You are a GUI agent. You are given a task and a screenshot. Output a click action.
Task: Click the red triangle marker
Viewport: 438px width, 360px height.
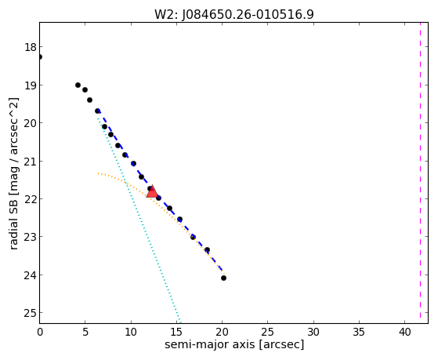point(152,192)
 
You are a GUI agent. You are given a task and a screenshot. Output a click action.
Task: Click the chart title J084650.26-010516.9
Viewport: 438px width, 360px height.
point(248,15)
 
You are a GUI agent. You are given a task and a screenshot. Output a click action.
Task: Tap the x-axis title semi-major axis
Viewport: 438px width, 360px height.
point(210,344)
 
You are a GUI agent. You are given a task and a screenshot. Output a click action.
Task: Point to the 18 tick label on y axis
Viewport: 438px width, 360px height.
point(31,47)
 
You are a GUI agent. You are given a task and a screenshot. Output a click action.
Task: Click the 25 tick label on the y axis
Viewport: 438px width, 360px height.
point(31,313)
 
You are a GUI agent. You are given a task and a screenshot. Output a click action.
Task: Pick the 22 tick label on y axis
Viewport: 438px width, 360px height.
point(31,199)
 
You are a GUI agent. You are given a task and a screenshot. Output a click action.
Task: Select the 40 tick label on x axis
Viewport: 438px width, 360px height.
point(405,332)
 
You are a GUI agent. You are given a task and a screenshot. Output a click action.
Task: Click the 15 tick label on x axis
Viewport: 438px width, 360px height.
point(176,332)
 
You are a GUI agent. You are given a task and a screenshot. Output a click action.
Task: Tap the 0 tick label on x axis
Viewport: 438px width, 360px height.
point(40,332)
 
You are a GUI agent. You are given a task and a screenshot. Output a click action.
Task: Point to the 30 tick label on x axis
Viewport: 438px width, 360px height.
point(313,332)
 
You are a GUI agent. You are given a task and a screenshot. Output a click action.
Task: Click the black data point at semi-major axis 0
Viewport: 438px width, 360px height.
point(40,56)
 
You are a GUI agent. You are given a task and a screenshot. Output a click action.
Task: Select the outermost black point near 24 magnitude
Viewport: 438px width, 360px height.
point(223,278)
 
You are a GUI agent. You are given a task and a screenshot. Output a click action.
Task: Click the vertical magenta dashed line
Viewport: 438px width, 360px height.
point(420,173)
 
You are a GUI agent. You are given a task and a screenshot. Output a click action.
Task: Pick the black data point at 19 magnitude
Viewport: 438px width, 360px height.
point(78,85)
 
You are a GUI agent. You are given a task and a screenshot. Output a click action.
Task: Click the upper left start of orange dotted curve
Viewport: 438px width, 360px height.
point(98,173)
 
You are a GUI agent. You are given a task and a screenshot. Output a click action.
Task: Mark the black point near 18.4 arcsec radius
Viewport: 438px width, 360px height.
point(207,249)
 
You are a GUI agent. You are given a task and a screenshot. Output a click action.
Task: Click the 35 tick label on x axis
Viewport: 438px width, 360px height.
point(359,332)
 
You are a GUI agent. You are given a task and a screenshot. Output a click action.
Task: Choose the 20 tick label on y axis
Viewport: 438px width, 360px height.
point(31,123)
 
